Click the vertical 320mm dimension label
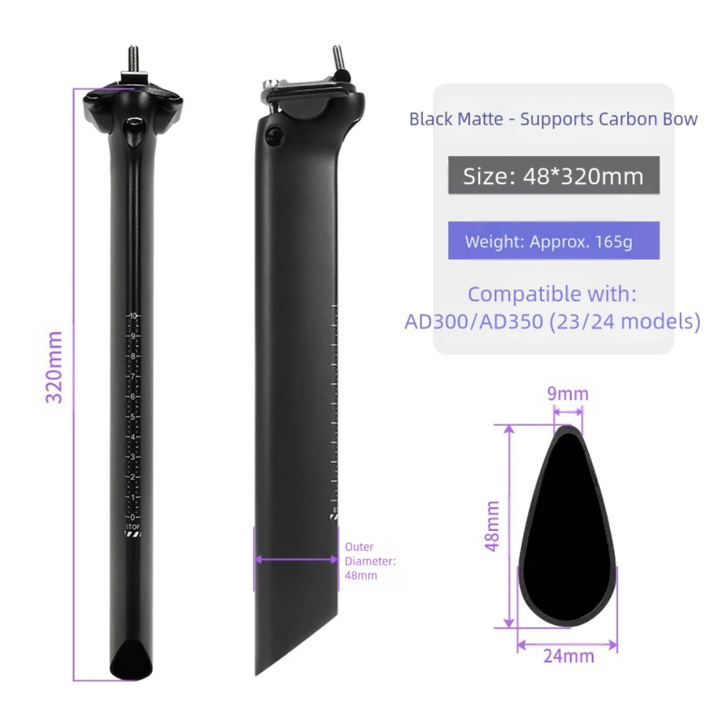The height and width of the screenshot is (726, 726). pyautogui.click(x=55, y=367)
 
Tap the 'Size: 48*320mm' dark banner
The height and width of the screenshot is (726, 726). pyautogui.click(x=553, y=176)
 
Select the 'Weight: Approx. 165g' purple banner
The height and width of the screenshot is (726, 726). pyautogui.click(x=553, y=241)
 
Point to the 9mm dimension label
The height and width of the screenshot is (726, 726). pyautogui.click(x=567, y=395)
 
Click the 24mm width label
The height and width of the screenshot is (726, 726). pyautogui.click(x=568, y=656)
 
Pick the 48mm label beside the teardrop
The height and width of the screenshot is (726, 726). pyautogui.click(x=493, y=526)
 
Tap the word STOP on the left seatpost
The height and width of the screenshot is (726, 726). pyautogui.click(x=133, y=527)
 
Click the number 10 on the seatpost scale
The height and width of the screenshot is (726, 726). pyautogui.click(x=133, y=316)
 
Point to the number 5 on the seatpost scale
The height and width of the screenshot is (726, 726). pyautogui.click(x=133, y=416)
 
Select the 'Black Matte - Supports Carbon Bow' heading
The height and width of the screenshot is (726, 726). pyautogui.click(x=553, y=119)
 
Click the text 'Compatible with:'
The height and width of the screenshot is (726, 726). pyautogui.click(x=552, y=294)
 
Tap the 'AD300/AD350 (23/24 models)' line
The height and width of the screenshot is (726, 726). pyautogui.click(x=552, y=321)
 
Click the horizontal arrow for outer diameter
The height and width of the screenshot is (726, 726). pyautogui.click(x=296, y=559)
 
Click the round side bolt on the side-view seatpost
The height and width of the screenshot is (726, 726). pyautogui.click(x=273, y=135)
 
